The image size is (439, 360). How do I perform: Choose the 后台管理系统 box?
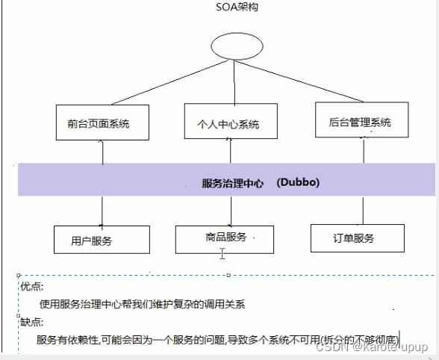point(359,122)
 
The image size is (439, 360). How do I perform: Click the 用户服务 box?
point(102,240)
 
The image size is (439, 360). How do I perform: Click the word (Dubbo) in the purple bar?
point(298,182)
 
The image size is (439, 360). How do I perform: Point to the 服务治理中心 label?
point(232,183)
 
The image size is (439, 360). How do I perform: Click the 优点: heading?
point(31,287)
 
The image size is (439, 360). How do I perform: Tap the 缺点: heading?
point(31,322)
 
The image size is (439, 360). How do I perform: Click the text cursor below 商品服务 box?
point(222,255)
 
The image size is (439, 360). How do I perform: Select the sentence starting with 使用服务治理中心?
point(142,304)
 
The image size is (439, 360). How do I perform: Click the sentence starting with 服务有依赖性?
point(217,339)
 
